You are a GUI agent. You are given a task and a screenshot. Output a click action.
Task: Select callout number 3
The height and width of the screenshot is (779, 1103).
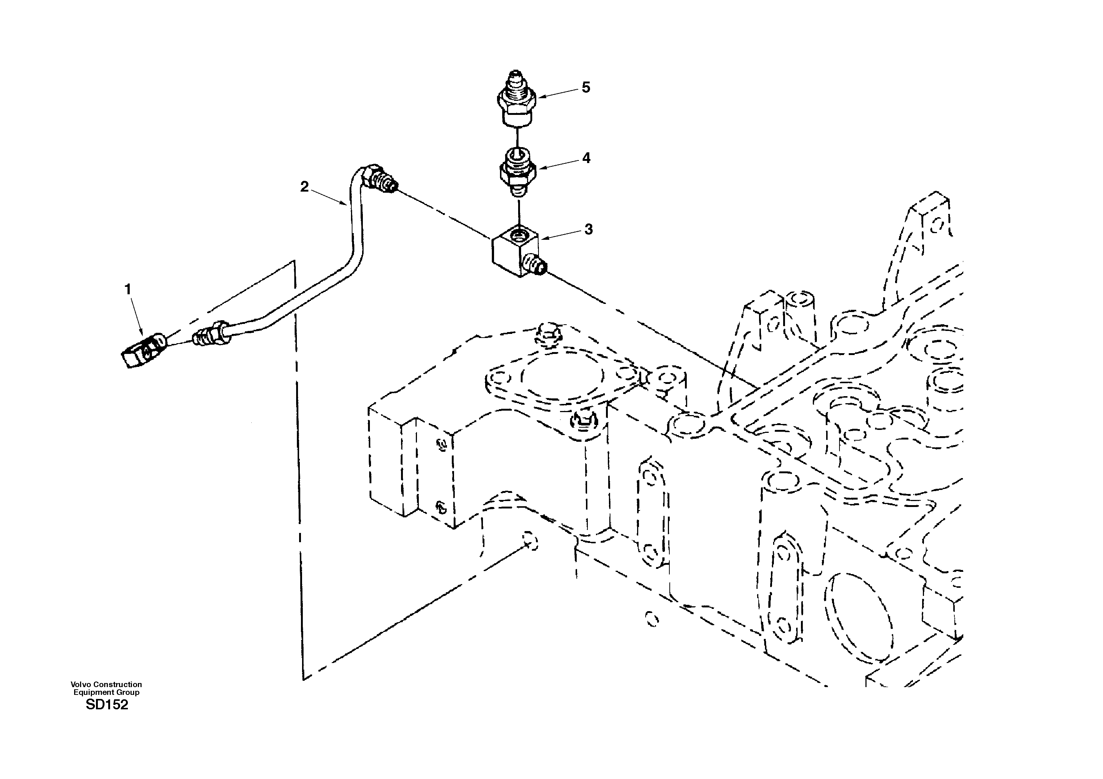[x=589, y=229]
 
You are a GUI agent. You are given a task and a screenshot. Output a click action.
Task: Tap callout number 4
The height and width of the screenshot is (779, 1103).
[x=586, y=158]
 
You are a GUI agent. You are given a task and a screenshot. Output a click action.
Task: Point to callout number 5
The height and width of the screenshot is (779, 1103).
[x=586, y=87]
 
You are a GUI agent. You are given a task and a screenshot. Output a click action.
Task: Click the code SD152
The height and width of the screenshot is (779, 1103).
[x=107, y=705]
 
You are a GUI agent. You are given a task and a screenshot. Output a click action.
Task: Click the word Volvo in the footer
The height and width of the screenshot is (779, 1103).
[x=81, y=684]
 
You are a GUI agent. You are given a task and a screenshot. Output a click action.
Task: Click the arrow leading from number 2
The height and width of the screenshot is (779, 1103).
[x=329, y=198]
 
